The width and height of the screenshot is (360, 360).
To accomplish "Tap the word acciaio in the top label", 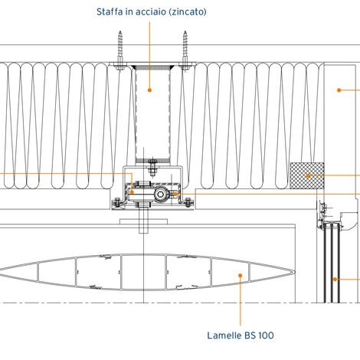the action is click(150, 12).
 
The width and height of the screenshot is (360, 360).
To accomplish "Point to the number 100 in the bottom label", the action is click(267, 335).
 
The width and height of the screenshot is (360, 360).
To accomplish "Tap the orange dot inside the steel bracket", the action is click(149, 90).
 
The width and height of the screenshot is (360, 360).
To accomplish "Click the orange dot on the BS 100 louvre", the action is click(240, 275).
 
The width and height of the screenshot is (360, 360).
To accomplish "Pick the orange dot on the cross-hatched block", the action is click(308, 175).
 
